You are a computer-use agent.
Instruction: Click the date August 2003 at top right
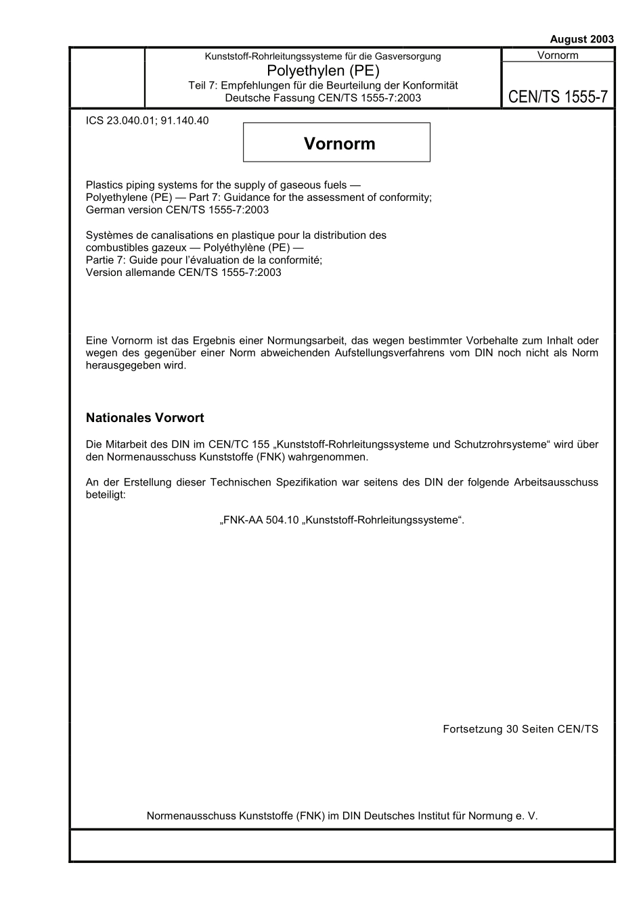[x=581, y=39]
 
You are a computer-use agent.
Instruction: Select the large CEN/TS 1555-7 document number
[x=558, y=97]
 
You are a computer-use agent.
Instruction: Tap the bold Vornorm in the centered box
[x=339, y=143]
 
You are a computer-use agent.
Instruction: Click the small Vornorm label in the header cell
[x=558, y=55]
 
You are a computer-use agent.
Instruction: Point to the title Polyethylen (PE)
[x=323, y=70]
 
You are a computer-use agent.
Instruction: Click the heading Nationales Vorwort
[x=145, y=418]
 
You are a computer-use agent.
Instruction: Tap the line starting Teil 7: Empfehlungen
[x=323, y=85]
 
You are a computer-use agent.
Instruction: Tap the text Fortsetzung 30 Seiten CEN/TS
[x=520, y=729]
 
